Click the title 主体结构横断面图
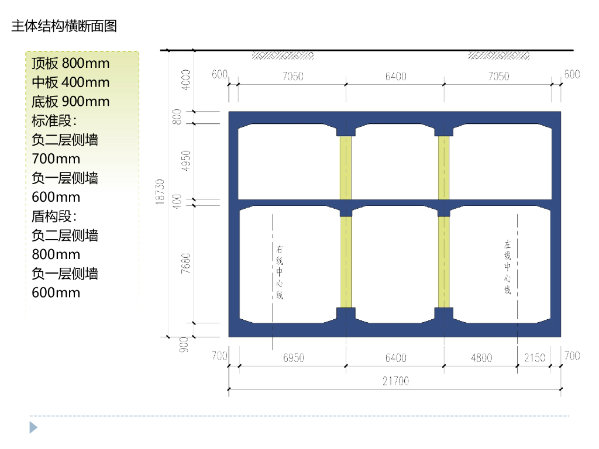pos(64,26)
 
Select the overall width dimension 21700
pos(396,381)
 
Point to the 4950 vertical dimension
pos(187,162)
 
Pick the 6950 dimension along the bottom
pos(294,358)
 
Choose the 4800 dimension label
pos(481,358)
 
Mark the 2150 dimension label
pos(535,358)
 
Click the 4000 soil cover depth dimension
pos(187,80)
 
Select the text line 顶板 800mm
pos(71,63)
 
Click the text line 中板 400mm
pos(71,82)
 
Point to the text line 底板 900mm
pos(71,102)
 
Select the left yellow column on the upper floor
pos(346,168)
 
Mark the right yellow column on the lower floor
pos(444,262)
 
